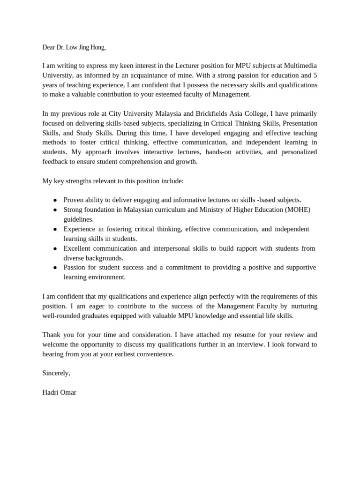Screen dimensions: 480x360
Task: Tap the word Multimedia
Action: coord(301,65)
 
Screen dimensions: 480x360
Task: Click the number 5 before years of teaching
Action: coord(315,75)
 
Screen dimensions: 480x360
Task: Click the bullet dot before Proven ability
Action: coord(55,200)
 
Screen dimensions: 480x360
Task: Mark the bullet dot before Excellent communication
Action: coord(55,248)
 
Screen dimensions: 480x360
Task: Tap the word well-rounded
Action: coord(61,315)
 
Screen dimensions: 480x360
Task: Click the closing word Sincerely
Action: coord(56,373)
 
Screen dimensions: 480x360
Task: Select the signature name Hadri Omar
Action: coord(59,392)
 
